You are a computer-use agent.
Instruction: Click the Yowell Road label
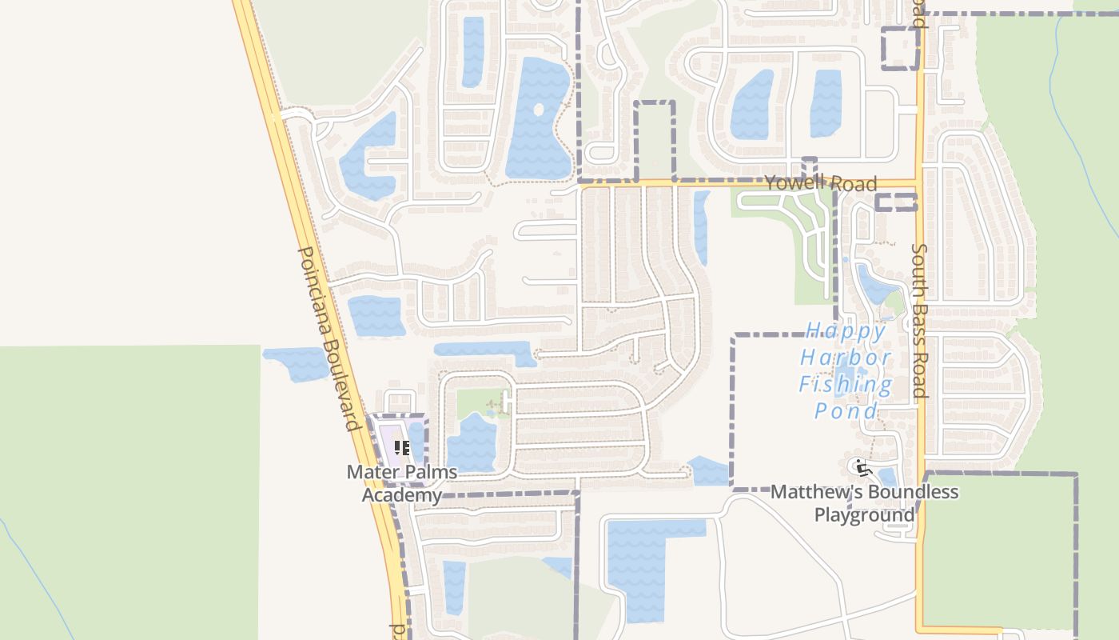(x=821, y=183)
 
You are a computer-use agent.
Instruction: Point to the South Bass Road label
(x=919, y=321)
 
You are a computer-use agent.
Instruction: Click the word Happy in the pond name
(x=846, y=330)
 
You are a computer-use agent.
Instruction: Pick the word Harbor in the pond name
(x=846, y=357)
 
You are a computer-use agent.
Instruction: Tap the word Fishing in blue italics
(x=846, y=385)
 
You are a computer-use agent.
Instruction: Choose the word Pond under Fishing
(x=846, y=411)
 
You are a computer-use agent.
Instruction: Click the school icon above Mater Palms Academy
(x=402, y=448)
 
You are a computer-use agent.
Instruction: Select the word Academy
(x=401, y=495)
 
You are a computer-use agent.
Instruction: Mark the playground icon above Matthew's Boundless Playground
(x=861, y=466)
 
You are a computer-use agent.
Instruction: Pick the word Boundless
(x=913, y=491)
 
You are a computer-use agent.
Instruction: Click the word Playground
(x=865, y=514)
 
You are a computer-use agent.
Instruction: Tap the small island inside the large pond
(x=538, y=110)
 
